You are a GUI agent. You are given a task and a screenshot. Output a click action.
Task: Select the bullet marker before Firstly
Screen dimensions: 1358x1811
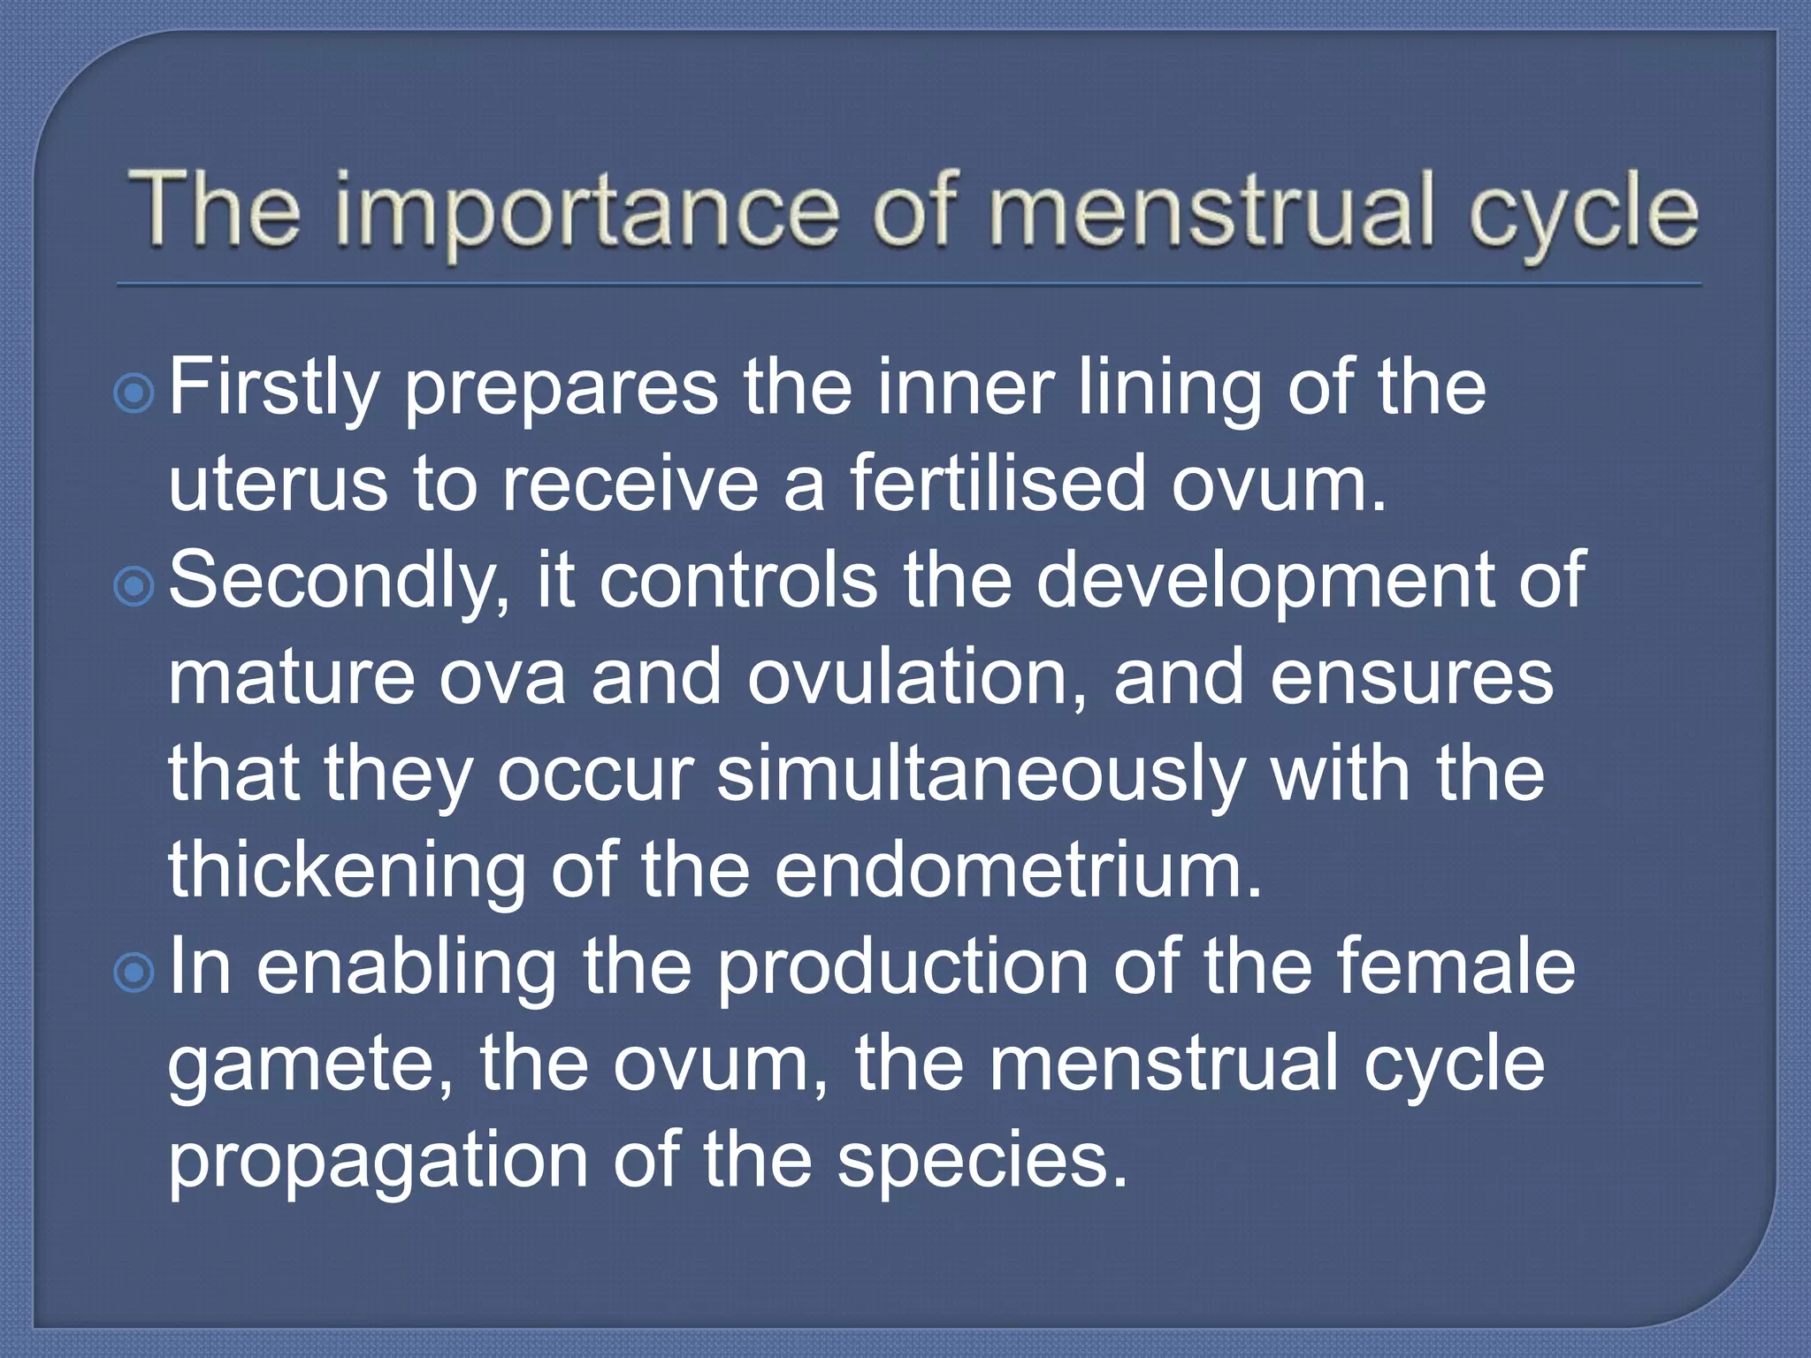[134, 393]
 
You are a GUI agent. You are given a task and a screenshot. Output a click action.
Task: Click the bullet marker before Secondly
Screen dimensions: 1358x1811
[134, 585]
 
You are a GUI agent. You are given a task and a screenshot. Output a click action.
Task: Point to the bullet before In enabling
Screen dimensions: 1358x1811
[134, 973]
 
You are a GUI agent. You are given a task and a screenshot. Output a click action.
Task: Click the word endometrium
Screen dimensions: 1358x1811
[1017, 870]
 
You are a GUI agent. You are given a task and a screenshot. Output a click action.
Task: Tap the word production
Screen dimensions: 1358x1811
[902, 969]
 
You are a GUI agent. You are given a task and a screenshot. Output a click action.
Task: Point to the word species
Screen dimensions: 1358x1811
[982, 1162]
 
